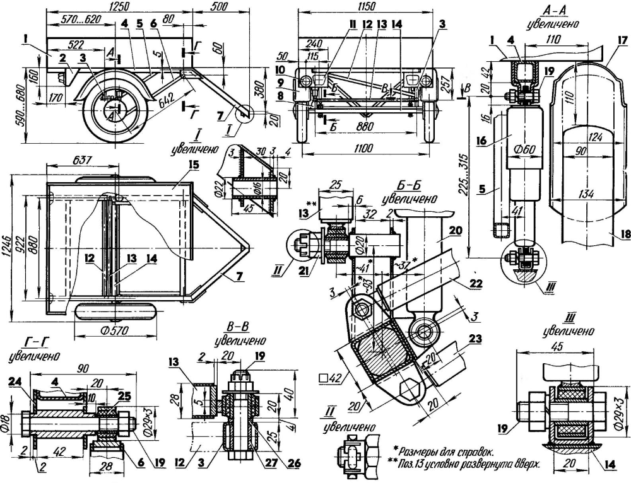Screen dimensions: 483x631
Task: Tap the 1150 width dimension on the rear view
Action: pyautogui.click(x=365, y=6)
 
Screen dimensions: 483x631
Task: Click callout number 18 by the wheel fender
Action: pyautogui.click(x=623, y=234)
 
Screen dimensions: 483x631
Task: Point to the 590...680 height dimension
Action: pyautogui.click(x=8, y=103)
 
